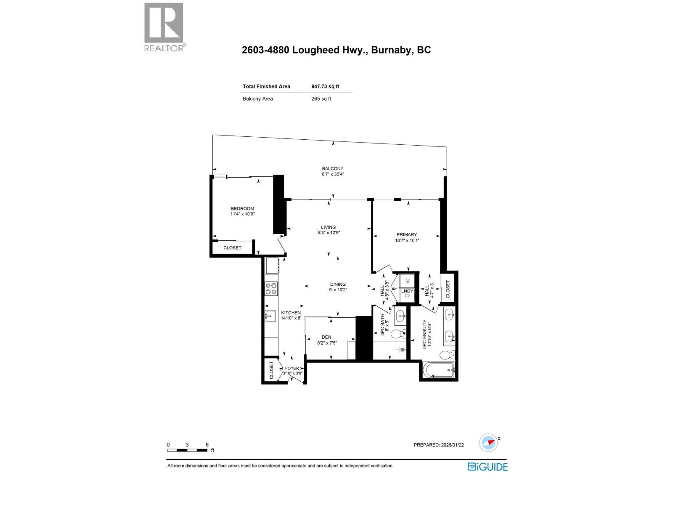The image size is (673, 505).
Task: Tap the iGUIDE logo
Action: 488,467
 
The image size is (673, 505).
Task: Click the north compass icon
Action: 489,443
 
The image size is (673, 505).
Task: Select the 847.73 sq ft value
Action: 325,86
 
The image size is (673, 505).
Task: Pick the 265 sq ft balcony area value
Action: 321,99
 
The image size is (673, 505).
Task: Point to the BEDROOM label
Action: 242,209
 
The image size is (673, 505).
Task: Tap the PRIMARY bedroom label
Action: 407,235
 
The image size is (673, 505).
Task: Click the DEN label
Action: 326,337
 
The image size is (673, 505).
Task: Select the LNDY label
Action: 407,291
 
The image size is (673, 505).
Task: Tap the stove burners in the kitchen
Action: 271,288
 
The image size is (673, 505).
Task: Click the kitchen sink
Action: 270,316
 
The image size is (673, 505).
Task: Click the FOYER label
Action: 292,368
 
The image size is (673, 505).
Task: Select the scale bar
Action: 187,450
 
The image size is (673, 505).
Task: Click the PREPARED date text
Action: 439,445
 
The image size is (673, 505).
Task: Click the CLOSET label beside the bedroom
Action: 232,248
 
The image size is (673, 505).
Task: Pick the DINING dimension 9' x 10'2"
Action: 338,290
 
